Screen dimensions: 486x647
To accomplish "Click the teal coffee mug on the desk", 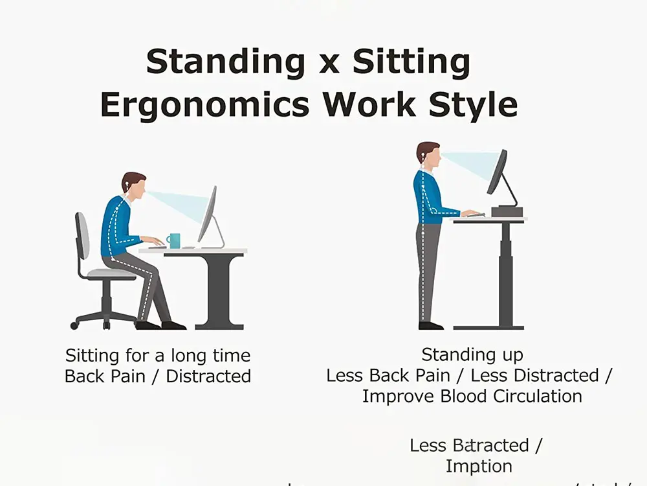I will tap(173, 240).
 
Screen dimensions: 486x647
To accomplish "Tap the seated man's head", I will tap(133, 185).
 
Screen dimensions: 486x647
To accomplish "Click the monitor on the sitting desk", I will tap(208, 214).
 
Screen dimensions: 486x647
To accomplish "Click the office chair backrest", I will tap(82, 236).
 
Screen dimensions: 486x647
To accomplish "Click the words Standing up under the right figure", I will tap(472, 354).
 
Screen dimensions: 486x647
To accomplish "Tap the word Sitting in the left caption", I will tap(92, 355).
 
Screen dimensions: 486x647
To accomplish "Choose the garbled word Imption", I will tap(479, 466).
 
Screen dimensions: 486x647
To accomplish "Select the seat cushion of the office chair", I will tap(111, 274).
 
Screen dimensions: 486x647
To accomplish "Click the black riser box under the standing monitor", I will tap(506, 211).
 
